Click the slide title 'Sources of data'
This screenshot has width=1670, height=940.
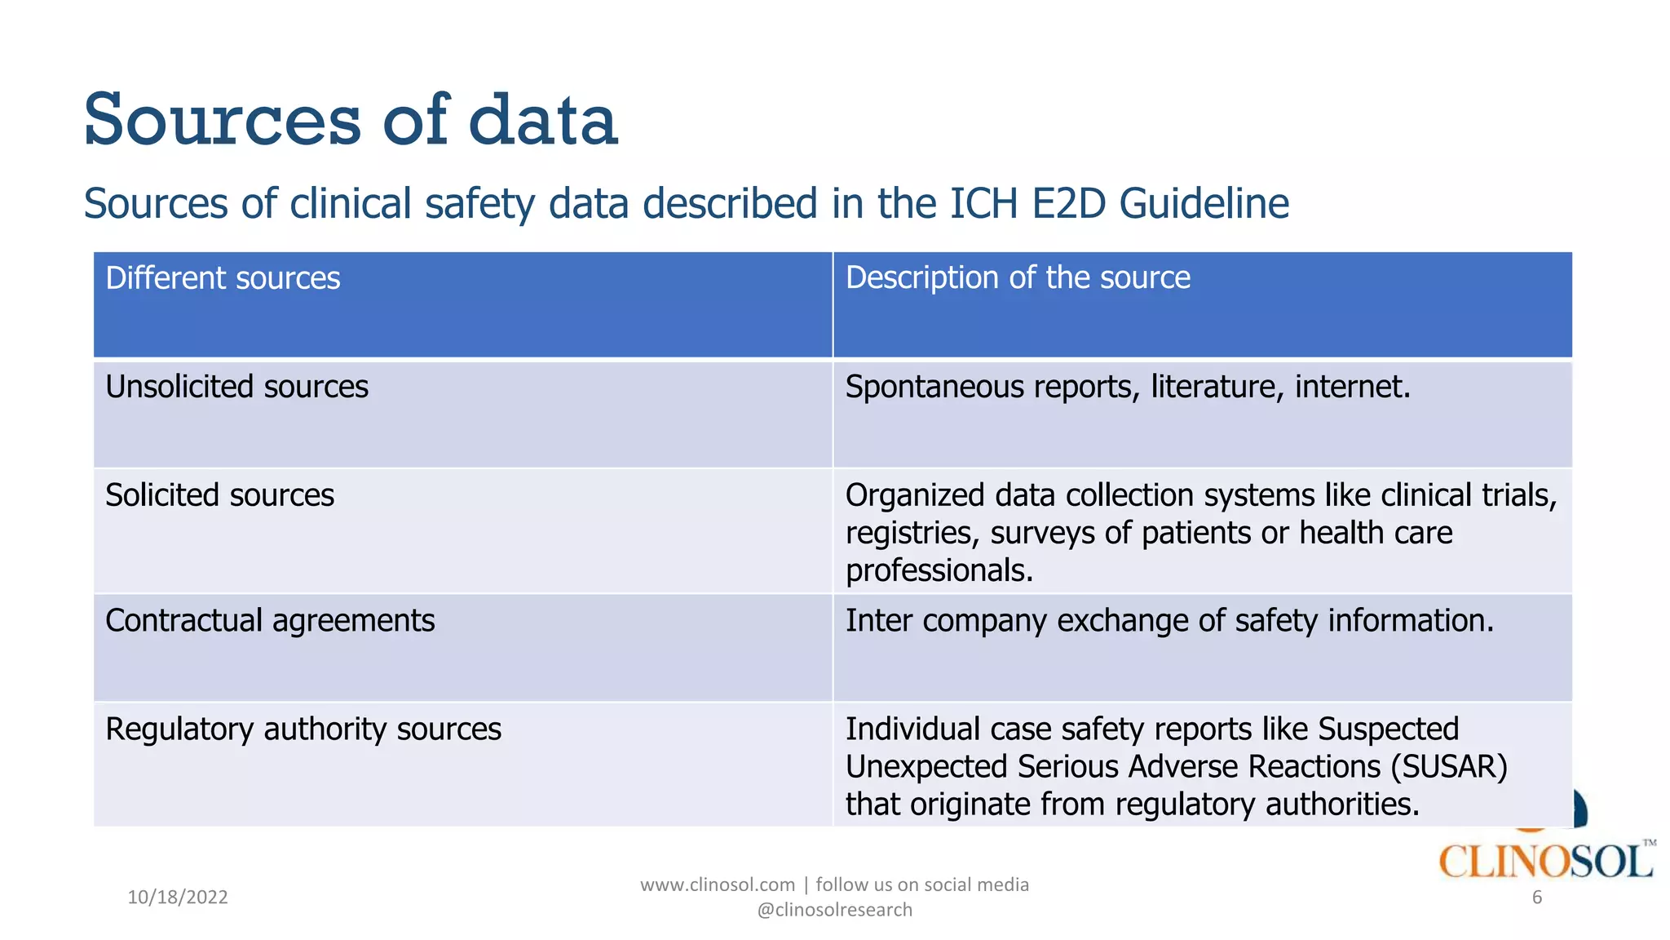[x=351, y=120]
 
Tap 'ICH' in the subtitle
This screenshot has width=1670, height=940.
[x=983, y=203]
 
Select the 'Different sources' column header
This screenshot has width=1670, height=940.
[x=223, y=278]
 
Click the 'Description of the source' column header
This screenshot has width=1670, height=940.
[x=1018, y=277]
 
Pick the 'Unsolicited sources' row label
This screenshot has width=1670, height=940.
[x=236, y=387]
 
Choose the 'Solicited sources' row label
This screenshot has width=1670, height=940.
[x=219, y=495]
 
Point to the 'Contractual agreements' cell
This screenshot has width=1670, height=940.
[x=270, y=621]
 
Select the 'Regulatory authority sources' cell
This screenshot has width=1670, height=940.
[x=303, y=729]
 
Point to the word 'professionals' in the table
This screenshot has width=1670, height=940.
[x=938, y=571]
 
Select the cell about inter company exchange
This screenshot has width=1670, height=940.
[x=1169, y=621]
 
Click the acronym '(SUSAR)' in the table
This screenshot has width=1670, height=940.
[x=1449, y=767]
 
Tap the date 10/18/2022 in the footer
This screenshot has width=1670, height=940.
[x=178, y=898]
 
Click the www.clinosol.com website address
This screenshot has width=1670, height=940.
[x=717, y=885]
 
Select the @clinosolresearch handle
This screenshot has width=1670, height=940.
[x=834, y=910]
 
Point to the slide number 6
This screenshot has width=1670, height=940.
[x=1537, y=898]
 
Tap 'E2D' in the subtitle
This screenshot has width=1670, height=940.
[x=1070, y=203]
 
